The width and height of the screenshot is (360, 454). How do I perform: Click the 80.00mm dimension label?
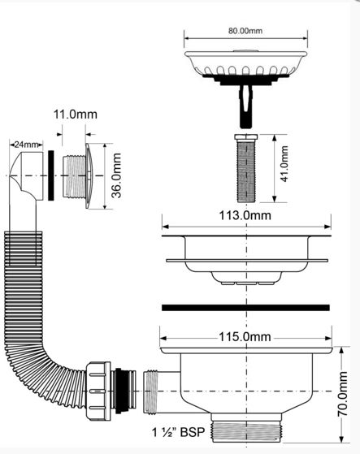pyautogui.click(x=245, y=31)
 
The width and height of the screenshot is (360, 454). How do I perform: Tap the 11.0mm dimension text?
pyautogui.click(x=76, y=115)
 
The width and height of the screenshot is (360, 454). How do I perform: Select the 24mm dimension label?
pyautogui.click(x=26, y=144)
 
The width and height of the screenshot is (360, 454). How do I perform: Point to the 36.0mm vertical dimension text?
pyautogui.click(x=116, y=175)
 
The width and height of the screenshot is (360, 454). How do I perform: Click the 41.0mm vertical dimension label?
pyautogui.click(x=284, y=164)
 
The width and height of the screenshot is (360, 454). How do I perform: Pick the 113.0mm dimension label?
pyautogui.click(x=245, y=216)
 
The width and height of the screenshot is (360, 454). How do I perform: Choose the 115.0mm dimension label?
pyautogui.click(x=245, y=337)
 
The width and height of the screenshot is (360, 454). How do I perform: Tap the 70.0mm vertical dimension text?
pyautogui.click(x=343, y=394)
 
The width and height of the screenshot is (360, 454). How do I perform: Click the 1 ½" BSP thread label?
pyautogui.click(x=179, y=432)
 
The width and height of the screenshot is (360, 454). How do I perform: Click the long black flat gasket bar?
pyautogui.click(x=245, y=308)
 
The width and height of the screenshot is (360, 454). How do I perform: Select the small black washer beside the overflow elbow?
pyautogui.click(x=51, y=175)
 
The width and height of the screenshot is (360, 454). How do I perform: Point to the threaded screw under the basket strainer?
pyautogui.click(x=246, y=168)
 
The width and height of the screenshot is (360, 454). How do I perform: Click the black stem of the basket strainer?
pyautogui.click(x=246, y=106)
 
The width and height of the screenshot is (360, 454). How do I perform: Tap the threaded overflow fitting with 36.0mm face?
pyautogui.click(x=78, y=175)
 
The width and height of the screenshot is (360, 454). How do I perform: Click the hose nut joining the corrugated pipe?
pyautogui.click(x=98, y=391)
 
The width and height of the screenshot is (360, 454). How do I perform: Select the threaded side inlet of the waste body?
pyautogui.click(x=150, y=391)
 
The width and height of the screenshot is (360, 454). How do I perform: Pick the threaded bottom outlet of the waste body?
pyautogui.click(x=246, y=432)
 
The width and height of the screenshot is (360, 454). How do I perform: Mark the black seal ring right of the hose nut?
pyautogui.click(x=119, y=391)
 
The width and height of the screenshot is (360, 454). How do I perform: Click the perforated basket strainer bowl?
pyautogui.click(x=245, y=63)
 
